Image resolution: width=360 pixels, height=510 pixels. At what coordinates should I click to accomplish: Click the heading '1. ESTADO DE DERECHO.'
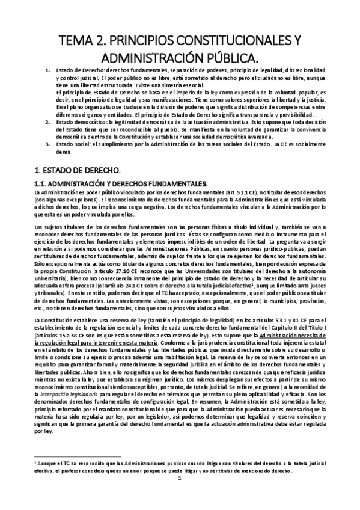coord(75,170)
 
